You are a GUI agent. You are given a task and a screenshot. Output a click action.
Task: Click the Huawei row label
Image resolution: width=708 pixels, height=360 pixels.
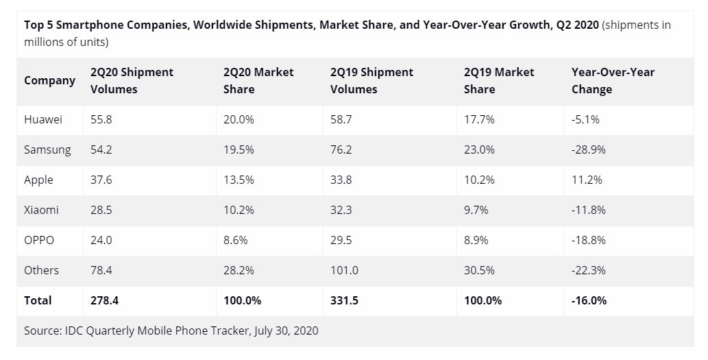pos(43,119)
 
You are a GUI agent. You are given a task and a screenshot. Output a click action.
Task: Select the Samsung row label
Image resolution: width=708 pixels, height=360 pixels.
pos(47,149)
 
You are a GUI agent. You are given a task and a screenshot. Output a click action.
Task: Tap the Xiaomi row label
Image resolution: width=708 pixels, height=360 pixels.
pos(41,210)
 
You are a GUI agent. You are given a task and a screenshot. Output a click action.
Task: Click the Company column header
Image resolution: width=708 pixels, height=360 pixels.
pos(49,80)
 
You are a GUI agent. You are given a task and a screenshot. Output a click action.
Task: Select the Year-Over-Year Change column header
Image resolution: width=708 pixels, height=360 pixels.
pos(613,80)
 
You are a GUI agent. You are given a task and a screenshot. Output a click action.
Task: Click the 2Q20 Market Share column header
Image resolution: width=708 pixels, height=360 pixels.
pos(258,80)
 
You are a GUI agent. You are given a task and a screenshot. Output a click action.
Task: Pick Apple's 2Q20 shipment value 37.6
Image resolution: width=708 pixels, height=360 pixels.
pos(101,180)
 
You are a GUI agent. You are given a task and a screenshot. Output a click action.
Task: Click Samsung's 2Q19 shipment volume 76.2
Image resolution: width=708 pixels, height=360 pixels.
pos(341,149)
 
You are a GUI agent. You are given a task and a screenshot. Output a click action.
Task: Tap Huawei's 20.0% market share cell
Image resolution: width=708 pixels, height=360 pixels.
pos(239,119)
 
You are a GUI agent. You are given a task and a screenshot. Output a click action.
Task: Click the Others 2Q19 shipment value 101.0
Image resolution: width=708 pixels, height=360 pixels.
pos(344,270)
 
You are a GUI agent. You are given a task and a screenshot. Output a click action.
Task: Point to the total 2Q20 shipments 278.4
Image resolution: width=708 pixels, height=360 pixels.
pos(105,300)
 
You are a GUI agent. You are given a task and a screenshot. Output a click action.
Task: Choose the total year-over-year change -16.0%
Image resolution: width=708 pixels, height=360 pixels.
pos(589,300)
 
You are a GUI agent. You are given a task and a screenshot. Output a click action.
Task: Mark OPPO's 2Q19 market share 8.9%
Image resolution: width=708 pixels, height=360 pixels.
pos(476,240)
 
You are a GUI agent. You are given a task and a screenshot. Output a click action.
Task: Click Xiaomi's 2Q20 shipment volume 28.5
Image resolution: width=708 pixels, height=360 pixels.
pos(101,210)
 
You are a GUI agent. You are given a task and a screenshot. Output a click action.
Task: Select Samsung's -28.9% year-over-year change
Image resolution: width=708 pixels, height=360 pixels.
pos(588,149)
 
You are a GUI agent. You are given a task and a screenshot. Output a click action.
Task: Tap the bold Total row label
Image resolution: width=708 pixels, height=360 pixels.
pos(38,300)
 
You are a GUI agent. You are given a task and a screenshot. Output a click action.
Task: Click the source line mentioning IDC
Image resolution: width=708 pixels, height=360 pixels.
pos(171,331)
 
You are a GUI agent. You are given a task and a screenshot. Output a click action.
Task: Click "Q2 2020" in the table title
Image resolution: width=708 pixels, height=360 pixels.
pos(576,25)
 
